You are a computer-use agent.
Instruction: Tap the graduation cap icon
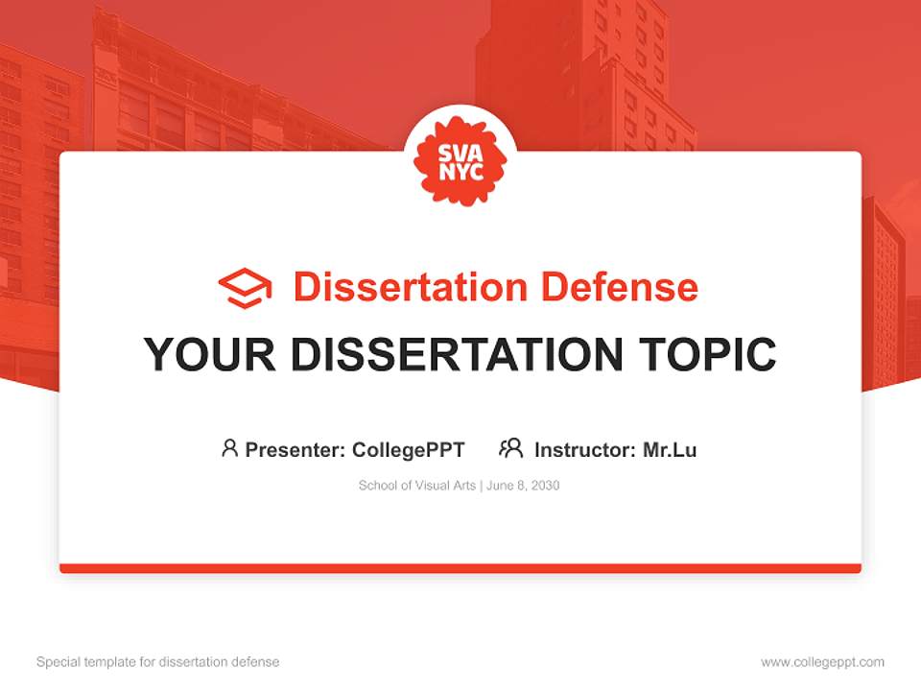point(245,287)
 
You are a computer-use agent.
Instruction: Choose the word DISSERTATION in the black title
point(456,355)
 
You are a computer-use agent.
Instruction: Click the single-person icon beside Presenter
point(229,448)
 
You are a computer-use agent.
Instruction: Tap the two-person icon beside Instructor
point(510,448)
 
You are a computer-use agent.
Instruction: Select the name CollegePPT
point(409,449)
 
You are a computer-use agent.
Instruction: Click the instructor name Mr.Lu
point(670,449)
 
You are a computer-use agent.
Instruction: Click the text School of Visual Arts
point(417,486)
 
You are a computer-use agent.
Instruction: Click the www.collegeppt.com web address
point(822,662)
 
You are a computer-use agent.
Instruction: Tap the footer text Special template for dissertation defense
point(158,662)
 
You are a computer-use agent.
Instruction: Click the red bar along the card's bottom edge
point(460,568)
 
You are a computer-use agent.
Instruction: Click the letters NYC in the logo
point(460,174)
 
